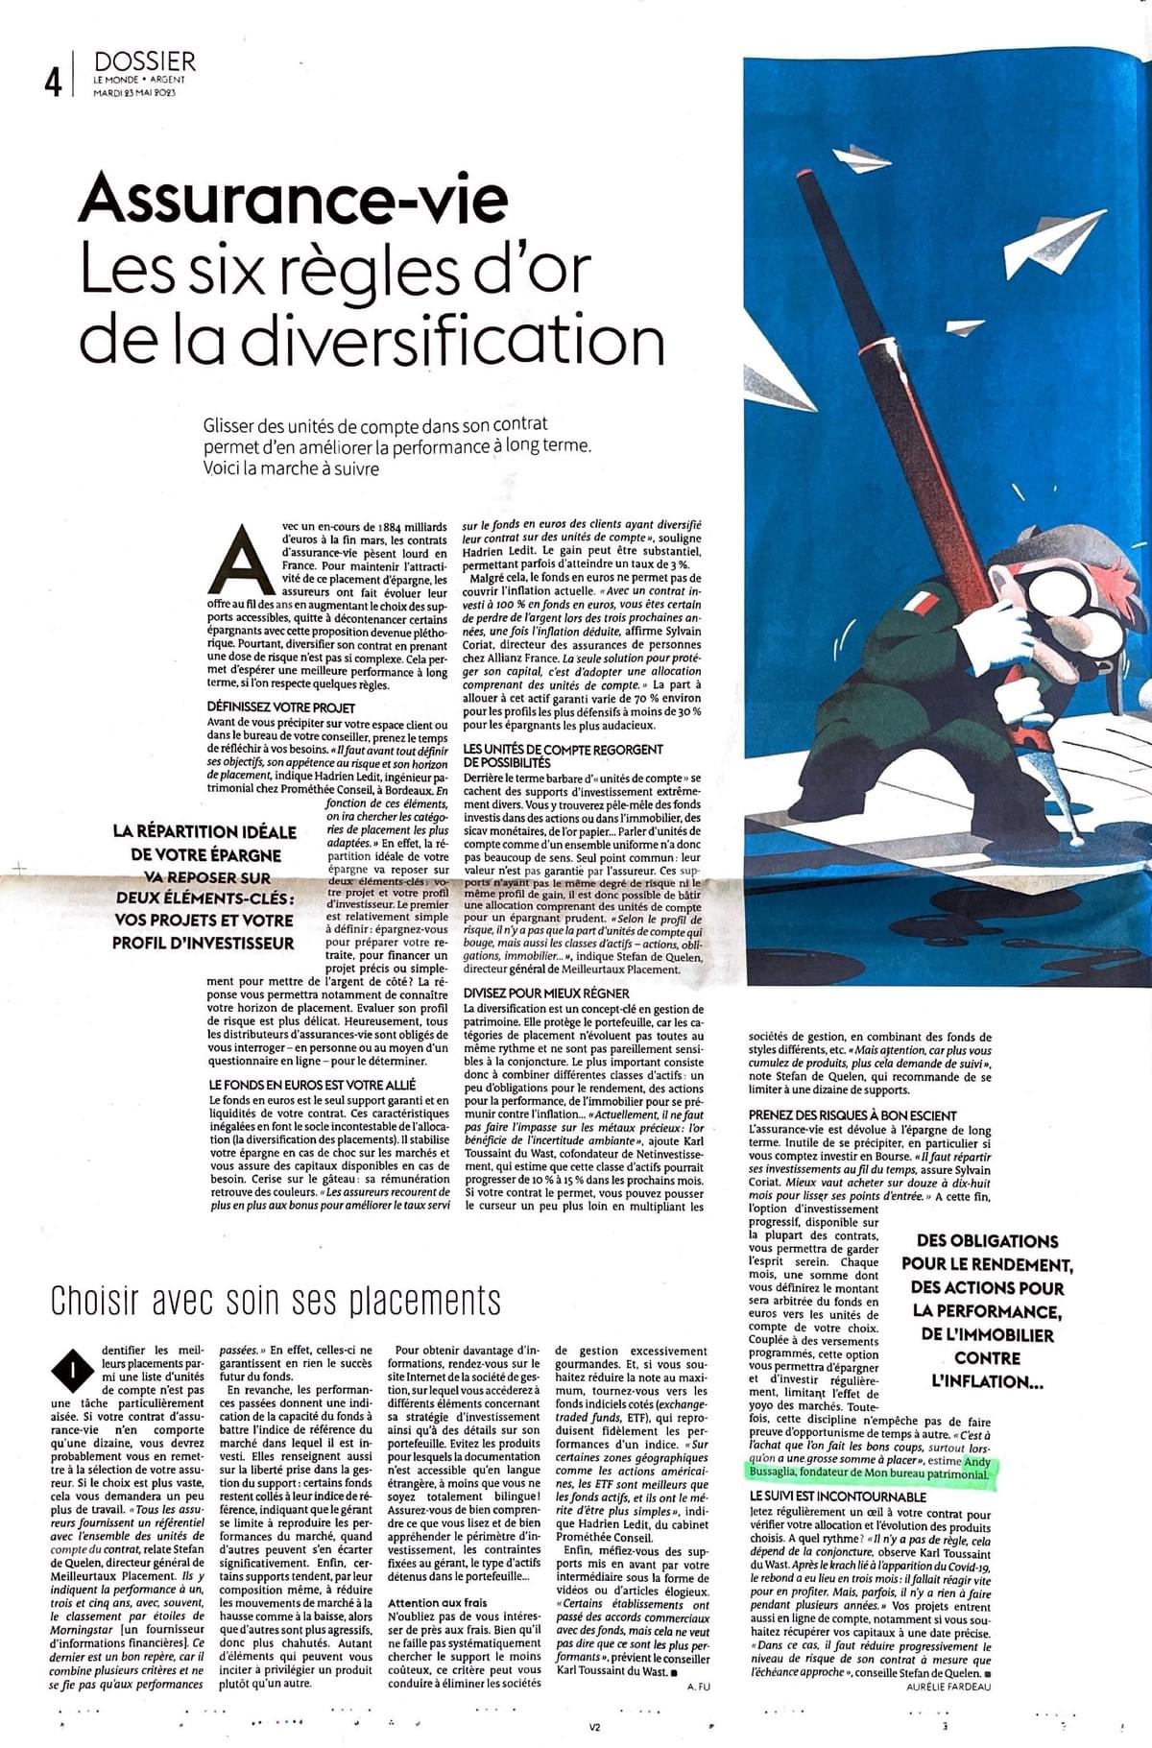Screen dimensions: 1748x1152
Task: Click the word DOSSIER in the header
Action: tap(145, 61)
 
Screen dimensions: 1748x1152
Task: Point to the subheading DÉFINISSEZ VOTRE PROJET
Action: tap(268, 706)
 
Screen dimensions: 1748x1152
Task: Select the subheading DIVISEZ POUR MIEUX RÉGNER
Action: tap(546, 993)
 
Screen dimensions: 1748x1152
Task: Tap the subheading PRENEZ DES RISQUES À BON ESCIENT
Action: tap(852, 1114)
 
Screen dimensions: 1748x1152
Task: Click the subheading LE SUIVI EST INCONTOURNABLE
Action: tap(838, 1496)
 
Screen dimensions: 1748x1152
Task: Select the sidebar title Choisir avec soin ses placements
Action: tap(276, 1300)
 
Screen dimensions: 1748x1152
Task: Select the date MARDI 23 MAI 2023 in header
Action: tap(135, 93)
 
